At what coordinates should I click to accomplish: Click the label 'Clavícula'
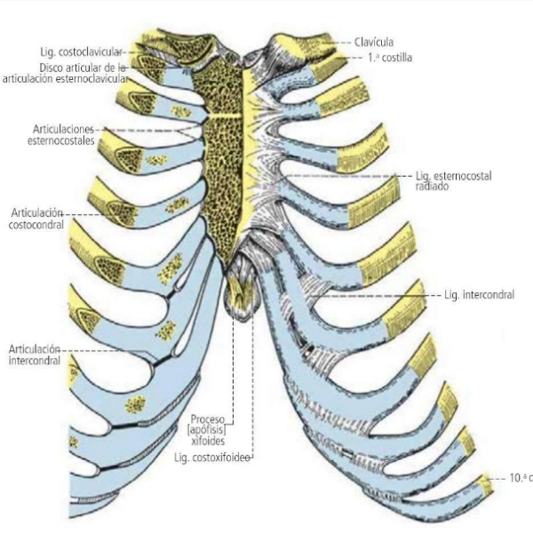tap(372, 42)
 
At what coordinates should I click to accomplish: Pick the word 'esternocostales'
tap(64, 139)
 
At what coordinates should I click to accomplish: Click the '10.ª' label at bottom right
tap(518, 478)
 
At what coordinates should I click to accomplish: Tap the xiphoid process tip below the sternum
tap(239, 306)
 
